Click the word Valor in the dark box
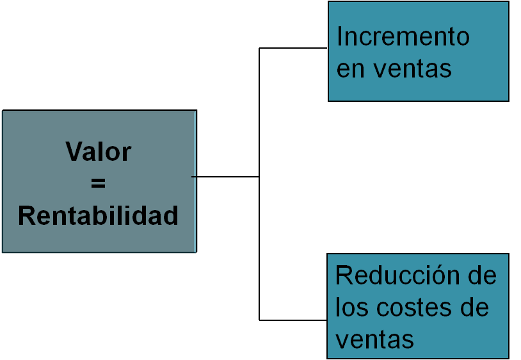pyautogui.click(x=98, y=152)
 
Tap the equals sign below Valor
pyautogui.click(x=98, y=184)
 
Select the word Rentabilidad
pyautogui.click(x=98, y=216)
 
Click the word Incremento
pyautogui.click(x=403, y=37)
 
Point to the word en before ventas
pyautogui.click(x=351, y=69)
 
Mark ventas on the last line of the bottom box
pyautogui.click(x=374, y=339)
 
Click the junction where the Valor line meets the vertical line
pyautogui.click(x=259, y=176)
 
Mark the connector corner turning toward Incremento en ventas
pyautogui.click(x=259, y=48)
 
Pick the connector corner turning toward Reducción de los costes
pyautogui.click(x=259, y=320)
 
